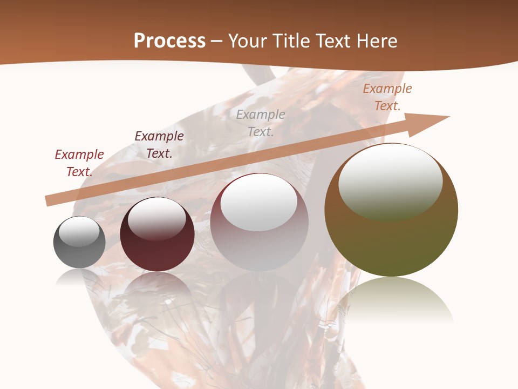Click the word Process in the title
[x=169, y=41]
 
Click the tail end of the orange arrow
[x=49, y=200]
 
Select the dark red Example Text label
[x=79, y=163]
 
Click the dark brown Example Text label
[x=159, y=144]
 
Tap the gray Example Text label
[x=261, y=123]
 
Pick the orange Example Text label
[x=387, y=97]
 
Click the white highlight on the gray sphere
[x=79, y=231]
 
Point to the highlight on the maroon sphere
[x=156, y=218]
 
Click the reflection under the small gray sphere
[x=79, y=278]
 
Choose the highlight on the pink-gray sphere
[x=259, y=203]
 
